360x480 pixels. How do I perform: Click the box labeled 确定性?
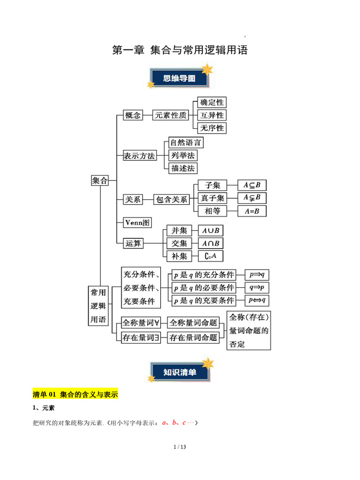click(212, 102)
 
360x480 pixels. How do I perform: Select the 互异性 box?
click(212, 115)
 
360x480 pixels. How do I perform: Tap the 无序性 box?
click(212, 128)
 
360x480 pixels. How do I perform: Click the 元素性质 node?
click(171, 115)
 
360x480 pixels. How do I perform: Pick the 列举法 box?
click(183, 156)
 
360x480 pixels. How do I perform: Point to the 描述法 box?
click(183, 168)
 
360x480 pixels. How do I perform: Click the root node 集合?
click(100, 180)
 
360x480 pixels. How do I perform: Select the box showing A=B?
click(252, 211)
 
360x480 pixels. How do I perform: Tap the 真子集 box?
click(212, 198)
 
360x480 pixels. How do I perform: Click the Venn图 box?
click(137, 223)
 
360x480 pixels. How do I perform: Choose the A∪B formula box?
click(210, 231)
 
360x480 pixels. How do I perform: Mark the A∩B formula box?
click(210, 243)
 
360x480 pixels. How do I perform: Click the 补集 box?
click(180, 256)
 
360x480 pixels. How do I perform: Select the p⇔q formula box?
click(257, 300)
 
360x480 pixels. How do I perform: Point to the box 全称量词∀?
click(141, 322)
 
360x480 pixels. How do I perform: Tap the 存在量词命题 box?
click(194, 337)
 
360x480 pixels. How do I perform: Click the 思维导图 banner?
click(180, 78)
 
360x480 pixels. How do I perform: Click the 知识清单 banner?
click(180, 372)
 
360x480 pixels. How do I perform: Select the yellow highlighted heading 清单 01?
click(75, 394)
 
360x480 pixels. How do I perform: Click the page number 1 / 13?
click(180, 447)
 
